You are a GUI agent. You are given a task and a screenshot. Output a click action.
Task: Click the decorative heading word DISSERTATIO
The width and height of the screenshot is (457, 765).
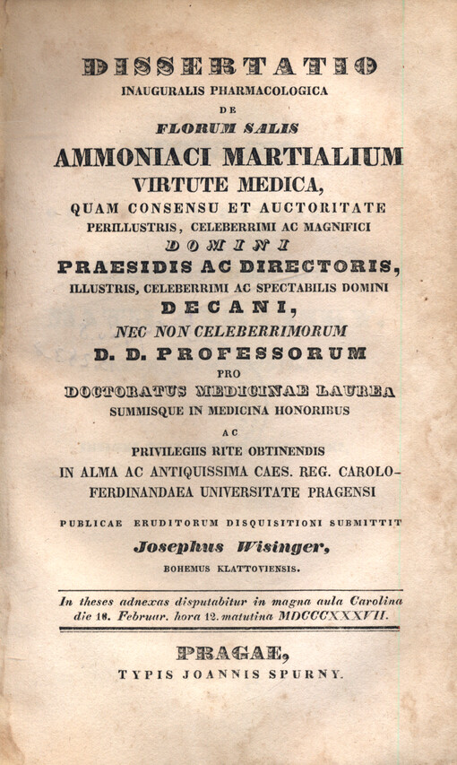coord(228,66)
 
